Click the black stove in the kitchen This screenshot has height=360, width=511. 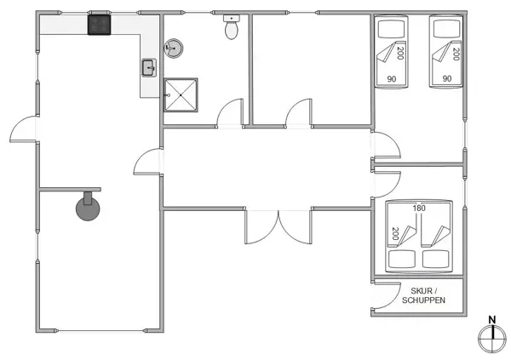100,24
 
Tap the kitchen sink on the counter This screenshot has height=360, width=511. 147,67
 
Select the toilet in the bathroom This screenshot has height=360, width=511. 231,29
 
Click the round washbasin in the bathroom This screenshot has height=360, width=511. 174,49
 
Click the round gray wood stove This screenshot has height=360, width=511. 88,208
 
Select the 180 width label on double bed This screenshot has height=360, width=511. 419,208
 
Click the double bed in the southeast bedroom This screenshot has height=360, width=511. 418,236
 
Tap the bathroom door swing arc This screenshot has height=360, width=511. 229,112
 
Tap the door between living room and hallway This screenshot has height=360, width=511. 148,163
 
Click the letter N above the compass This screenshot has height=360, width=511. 491,321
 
